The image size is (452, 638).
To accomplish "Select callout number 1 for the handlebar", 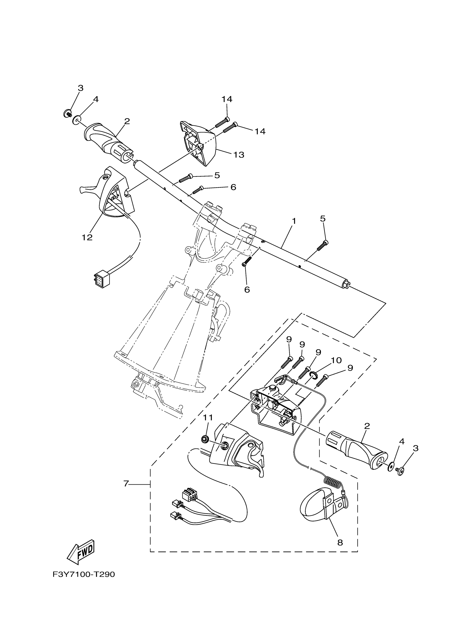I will (x=294, y=221).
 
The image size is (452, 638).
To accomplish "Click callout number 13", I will (x=238, y=155).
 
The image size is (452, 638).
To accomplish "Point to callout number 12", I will (x=87, y=238).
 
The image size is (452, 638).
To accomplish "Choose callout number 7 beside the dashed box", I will (x=126, y=484).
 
